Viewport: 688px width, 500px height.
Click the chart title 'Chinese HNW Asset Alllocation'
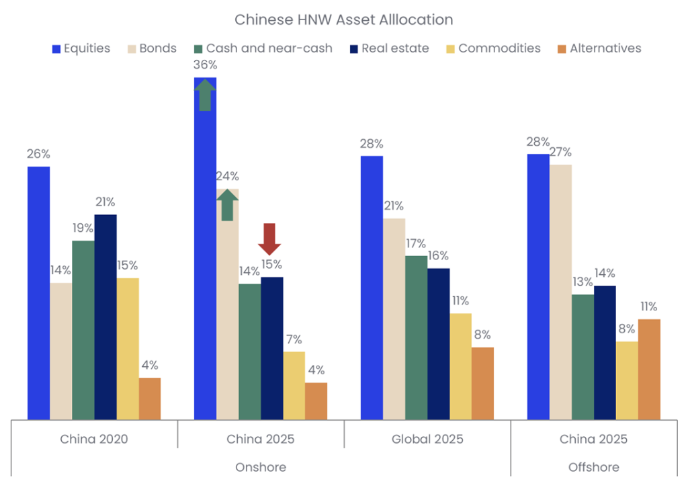click(343, 19)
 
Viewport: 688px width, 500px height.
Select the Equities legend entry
click(81, 48)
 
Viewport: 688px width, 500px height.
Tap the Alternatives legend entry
click(599, 48)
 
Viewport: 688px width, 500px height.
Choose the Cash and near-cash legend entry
click(262, 48)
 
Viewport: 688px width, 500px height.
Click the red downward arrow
click(270, 238)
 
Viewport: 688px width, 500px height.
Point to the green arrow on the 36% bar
click(205, 94)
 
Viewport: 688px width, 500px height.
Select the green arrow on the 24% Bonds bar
click(227, 204)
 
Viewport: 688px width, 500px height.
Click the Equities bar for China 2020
click(38, 292)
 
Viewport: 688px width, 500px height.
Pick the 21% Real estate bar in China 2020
click(105, 317)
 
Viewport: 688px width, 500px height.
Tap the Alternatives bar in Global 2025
click(482, 383)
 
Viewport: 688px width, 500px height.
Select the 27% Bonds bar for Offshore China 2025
click(560, 292)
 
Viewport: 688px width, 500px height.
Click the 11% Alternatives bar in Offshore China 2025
click(649, 369)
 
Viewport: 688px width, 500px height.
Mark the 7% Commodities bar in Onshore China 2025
click(294, 385)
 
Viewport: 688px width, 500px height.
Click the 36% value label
click(205, 65)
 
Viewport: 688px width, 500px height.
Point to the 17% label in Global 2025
click(416, 243)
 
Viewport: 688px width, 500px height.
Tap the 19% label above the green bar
click(83, 228)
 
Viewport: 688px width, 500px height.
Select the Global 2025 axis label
click(427, 440)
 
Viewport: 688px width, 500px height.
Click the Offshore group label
click(594, 467)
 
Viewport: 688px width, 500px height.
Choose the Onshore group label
click(261, 467)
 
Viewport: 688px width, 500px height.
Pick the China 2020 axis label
click(94, 440)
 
